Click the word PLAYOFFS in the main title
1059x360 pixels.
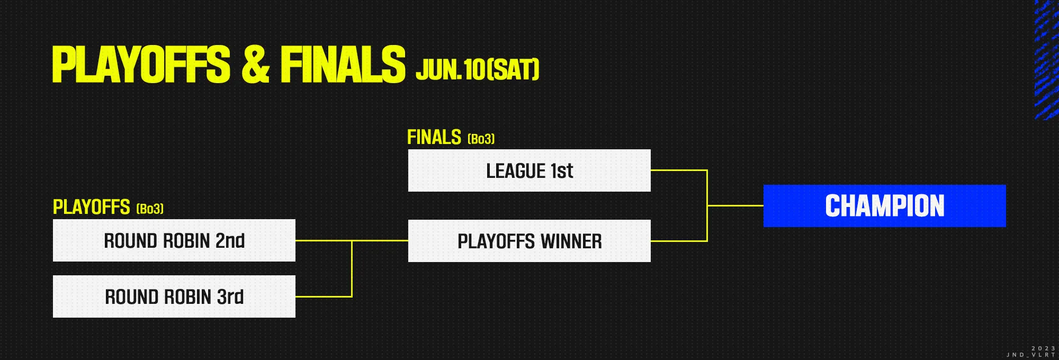pos(141,64)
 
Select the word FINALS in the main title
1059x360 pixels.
pos(343,64)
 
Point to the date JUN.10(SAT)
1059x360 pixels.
pos(478,69)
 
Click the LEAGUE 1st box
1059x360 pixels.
pos(529,170)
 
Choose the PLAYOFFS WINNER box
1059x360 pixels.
pos(529,241)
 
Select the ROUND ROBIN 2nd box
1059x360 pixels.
pos(174,240)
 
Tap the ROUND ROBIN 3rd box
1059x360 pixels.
pos(174,296)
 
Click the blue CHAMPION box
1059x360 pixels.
pos(885,206)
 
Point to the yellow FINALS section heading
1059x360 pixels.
pos(434,137)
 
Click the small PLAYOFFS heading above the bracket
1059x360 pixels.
pos(92,207)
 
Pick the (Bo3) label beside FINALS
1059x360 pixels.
pos(481,139)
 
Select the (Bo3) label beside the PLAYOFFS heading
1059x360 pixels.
pos(150,209)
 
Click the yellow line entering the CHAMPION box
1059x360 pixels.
pos(735,205)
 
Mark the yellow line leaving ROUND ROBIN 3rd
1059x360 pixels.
pos(324,296)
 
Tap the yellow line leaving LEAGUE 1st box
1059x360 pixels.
pos(679,170)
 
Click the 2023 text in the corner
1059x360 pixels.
pos(1044,348)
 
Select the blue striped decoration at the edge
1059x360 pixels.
pos(1046,60)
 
